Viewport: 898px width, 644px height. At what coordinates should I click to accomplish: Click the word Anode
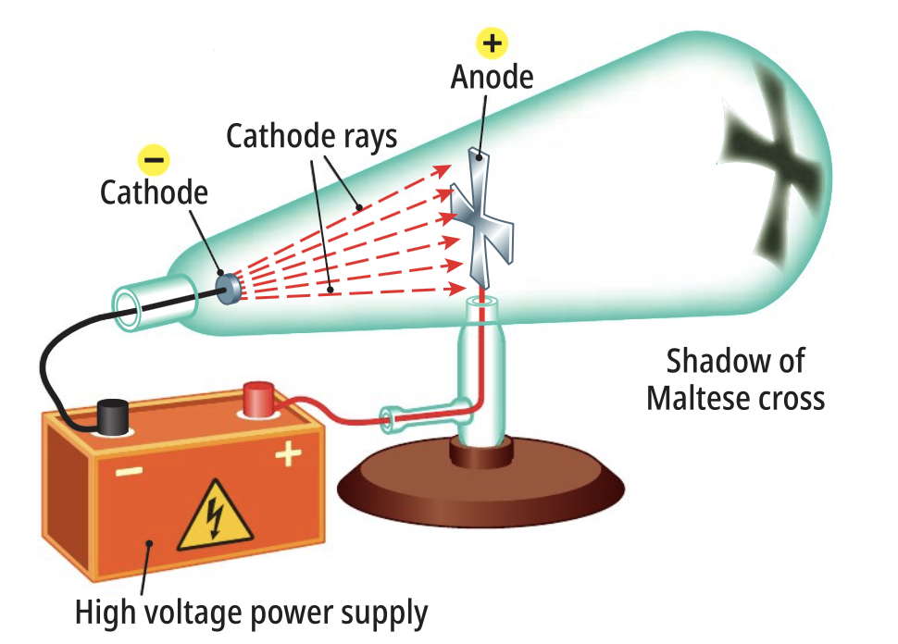pyautogui.click(x=492, y=78)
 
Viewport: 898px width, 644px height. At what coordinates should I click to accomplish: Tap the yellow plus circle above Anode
pyautogui.click(x=492, y=43)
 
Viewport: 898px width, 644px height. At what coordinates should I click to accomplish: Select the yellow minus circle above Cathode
pyautogui.click(x=154, y=160)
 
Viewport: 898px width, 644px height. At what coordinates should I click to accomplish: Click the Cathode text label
pyautogui.click(x=154, y=192)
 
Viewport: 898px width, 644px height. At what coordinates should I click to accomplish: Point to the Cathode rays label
pyautogui.click(x=312, y=137)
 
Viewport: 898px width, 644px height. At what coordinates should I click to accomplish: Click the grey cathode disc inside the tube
pyautogui.click(x=229, y=289)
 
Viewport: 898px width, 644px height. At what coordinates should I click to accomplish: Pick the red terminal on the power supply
pyautogui.click(x=259, y=399)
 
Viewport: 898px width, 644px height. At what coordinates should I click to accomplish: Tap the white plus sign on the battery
pyautogui.click(x=288, y=454)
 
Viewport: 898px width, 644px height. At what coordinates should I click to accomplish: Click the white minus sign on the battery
pyautogui.click(x=129, y=472)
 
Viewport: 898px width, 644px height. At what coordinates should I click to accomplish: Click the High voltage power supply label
pyautogui.click(x=252, y=613)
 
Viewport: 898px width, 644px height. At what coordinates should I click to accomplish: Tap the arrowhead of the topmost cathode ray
pyautogui.click(x=443, y=170)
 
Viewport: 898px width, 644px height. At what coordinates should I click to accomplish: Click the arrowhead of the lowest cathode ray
pyautogui.click(x=457, y=289)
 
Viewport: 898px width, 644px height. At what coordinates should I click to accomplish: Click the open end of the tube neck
pyautogui.click(x=126, y=310)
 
